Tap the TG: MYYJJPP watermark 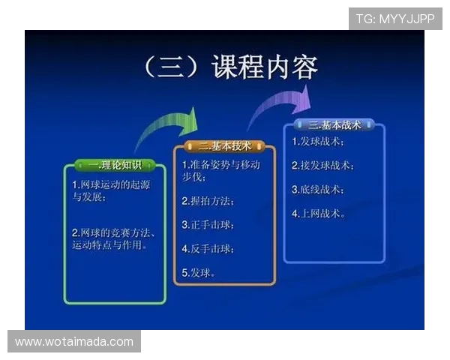(x=395, y=19)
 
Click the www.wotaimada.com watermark (x=74, y=342)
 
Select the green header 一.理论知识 (x=114, y=165)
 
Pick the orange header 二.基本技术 (x=224, y=145)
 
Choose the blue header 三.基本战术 (x=334, y=124)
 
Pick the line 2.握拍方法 (x=208, y=201)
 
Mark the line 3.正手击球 (x=208, y=225)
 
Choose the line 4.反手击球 (x=208, y=248)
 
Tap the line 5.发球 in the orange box (x=199, y=272)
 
